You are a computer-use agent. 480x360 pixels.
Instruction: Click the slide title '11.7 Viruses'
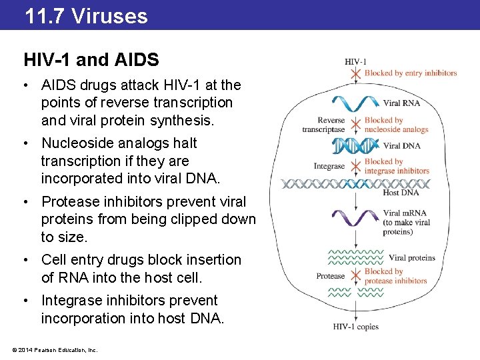click(x=86, y=15)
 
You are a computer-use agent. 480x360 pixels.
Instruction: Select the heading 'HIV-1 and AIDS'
click(x=91, y=60)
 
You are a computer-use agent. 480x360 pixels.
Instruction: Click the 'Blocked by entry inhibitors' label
click(x=411, y=73)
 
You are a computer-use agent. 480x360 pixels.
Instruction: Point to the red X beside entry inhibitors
click(x=357, y=73)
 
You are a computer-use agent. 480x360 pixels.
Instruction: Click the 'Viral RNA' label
click(x=401, y=103)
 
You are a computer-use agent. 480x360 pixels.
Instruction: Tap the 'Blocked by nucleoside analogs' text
click(x=396, y=125)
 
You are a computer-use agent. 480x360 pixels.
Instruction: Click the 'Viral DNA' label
click(x=401, y=145)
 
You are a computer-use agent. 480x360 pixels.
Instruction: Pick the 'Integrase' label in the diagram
click(x=329, y=166)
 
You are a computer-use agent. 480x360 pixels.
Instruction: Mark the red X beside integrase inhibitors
click(x=357, y=166)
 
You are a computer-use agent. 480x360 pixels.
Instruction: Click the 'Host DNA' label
click(x=401, y=193)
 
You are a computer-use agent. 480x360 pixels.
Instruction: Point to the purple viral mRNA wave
click(x=357, y=217)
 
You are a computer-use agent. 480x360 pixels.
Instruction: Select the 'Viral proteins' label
click(x=411, y=257)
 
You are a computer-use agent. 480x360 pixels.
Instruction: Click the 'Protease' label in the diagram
click(x=331, y=275)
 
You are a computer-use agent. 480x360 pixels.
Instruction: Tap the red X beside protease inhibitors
click(x=357, y=275)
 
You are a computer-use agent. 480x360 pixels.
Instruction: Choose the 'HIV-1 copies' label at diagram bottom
click(x=357, y=326)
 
